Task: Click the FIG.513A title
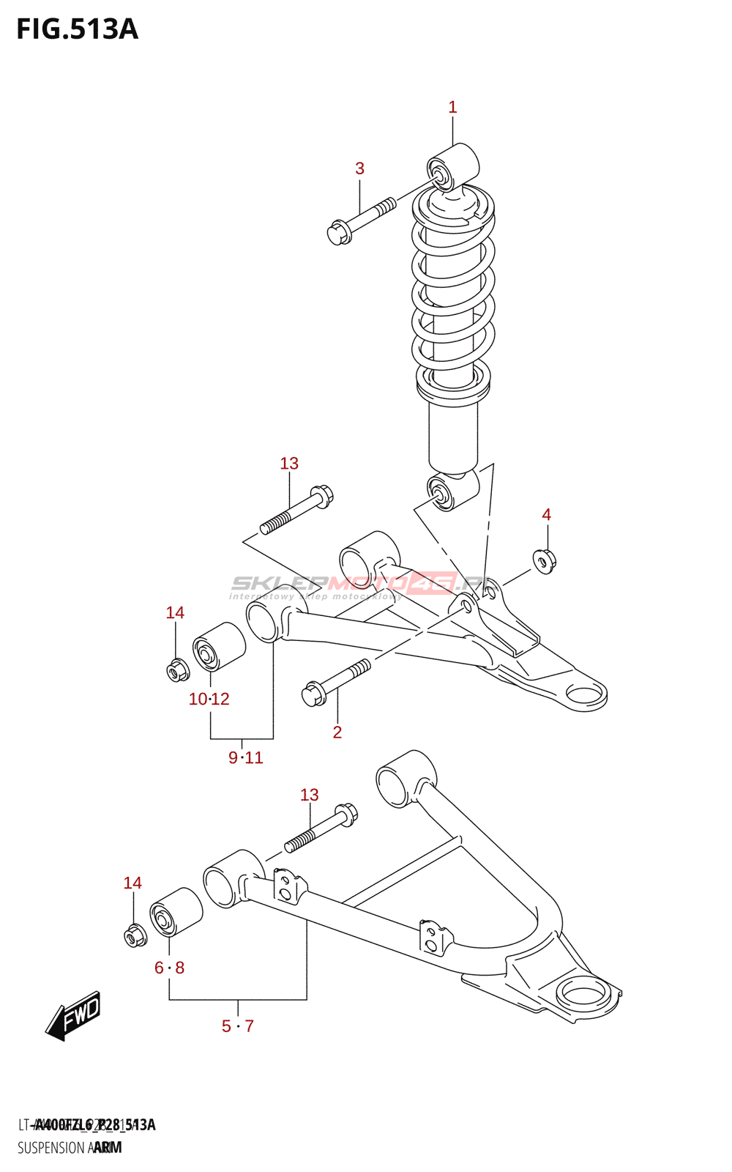(77, 29)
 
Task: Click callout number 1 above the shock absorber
(452, 107)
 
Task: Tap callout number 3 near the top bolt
(359, 168)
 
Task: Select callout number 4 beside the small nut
(546, 515)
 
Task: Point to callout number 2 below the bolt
(337, 732)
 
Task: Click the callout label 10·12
(209, 700)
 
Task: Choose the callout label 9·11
(245, 758)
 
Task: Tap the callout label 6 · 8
(169, 968)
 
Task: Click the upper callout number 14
(175, 613)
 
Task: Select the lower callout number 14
(132, 883)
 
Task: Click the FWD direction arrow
(73, 1015)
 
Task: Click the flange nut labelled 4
(545, 561)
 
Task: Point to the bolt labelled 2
(335, 681)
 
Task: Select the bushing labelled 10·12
(218, 646)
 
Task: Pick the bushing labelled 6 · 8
(176, 912)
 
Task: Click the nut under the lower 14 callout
(134, 935)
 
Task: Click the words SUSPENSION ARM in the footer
(70, 1148)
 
